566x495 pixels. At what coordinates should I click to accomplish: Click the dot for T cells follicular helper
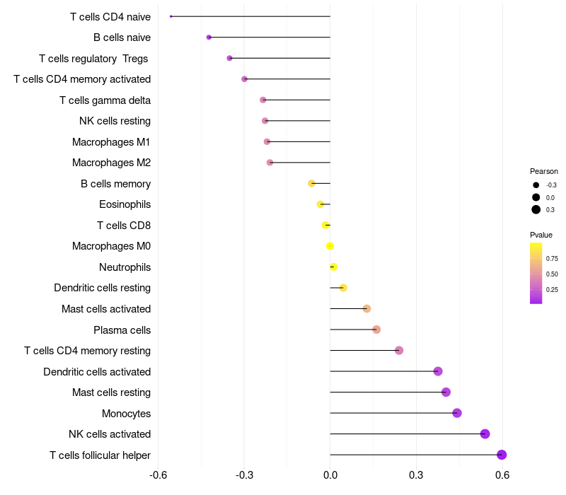click(502, 455)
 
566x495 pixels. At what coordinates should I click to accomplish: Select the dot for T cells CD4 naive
click(171, 16)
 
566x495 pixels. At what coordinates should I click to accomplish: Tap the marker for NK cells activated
click(485, 434)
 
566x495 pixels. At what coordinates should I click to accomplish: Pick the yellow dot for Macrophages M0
click(330, 246)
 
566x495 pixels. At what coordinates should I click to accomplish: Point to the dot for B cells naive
click(209, 37)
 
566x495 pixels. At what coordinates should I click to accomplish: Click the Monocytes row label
click(126, 413)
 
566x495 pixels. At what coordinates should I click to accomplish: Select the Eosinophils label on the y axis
click(125, 204)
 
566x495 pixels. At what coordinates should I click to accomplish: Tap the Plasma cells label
click(122, 330)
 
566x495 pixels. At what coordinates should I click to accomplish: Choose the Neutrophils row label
click(125, 267)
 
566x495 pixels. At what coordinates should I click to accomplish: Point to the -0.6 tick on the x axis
click(158, 474)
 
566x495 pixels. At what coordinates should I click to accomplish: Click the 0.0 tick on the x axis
click(330, 474)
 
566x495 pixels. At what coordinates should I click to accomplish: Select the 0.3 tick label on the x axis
click(416, 474)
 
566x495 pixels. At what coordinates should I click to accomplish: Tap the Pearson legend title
click(544, 171)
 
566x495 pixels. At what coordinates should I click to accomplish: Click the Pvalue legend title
click(541, 235)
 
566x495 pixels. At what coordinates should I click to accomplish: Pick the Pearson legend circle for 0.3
click(536, 209)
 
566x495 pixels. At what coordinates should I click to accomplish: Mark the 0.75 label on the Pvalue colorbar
click(552, 259)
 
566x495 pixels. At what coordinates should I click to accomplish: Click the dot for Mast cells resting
click(446, 392)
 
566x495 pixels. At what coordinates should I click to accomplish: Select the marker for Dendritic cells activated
click(438, 371)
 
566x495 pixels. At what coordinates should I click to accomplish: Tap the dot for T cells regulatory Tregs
click(229, 58)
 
